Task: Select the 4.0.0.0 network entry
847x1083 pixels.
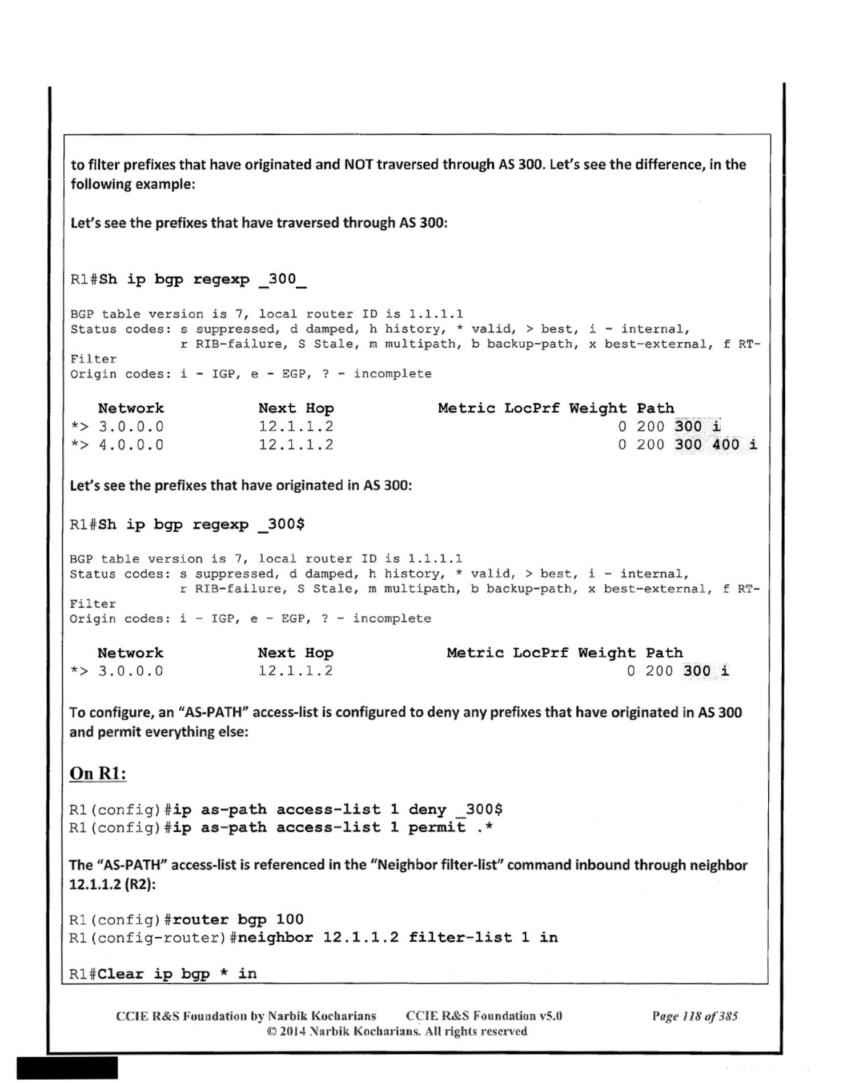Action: (x=131, y=444)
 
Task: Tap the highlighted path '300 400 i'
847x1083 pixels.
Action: (x=716, y=444)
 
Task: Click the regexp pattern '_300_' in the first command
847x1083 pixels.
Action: (x=283, y=279)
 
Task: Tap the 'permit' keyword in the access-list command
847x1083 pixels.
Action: (x=437, y=827)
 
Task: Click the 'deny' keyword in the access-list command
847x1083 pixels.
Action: (x=427, y=809)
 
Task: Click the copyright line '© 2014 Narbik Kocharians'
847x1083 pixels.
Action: (x=396, y=1031)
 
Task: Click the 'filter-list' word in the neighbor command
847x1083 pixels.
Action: (x=460, y=937)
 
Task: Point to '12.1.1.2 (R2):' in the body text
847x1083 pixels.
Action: (x=113, y=884)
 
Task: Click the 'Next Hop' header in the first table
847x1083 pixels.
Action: (x=296, y=408)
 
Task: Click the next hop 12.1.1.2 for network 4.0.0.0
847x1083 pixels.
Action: (x=296, y=444)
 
